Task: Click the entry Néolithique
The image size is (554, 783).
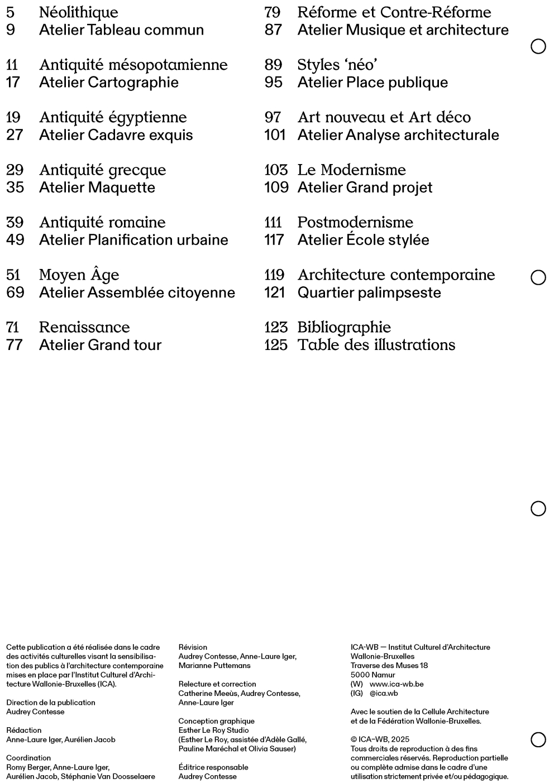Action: click(78, 12)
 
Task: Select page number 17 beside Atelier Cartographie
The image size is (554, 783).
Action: click(13, 83)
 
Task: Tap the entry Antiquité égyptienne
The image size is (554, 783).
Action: click(113, 117)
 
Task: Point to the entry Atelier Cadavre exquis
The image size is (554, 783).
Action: click(116, 135)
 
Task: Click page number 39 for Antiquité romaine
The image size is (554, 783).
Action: click(15, 222)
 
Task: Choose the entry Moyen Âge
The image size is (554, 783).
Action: click(79, 275)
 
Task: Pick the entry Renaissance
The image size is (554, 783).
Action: click(84, 327)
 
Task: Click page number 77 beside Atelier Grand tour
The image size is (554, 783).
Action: click(15, 345)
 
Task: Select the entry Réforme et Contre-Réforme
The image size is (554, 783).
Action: click(394, 12)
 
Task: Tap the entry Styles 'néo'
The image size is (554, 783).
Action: click(337, 65)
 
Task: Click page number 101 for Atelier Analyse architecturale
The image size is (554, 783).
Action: click(275, 135)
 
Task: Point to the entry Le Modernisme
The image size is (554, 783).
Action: click(351, 170)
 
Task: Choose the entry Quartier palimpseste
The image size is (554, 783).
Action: click(369, 292)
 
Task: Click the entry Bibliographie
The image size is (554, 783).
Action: click(343, 327)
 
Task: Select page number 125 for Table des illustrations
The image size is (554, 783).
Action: click(276, 345)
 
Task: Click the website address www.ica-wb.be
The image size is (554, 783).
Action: click(396, 684)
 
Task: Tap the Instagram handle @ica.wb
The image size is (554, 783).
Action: click(384, 693)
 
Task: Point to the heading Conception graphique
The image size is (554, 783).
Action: click(216, 721)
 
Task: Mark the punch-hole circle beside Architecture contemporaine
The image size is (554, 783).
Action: click(538, 277)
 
